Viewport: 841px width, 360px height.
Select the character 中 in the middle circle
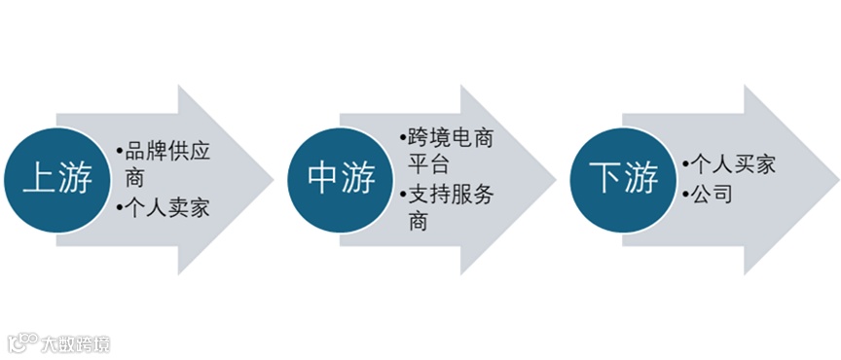click(x=321, y=180)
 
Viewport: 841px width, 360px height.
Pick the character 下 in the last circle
click(x=605, y=180)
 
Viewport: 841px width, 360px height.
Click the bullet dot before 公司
click(x=686, y=195)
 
